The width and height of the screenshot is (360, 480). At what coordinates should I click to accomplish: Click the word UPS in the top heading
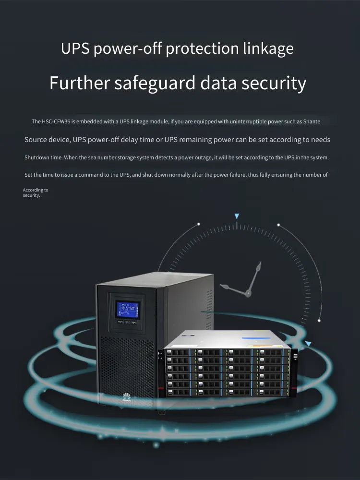click(75, 48)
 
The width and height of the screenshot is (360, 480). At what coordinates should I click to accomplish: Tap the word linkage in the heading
click(268, 49)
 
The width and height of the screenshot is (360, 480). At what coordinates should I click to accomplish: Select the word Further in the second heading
click(80, 83)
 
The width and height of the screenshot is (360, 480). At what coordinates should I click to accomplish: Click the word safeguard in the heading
click(155, 84)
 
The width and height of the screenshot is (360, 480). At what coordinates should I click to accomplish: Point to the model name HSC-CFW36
click(56, 121)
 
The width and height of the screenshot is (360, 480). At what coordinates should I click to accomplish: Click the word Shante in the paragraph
click(312, 121)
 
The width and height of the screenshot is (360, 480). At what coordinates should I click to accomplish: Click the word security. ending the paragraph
click(31, 195)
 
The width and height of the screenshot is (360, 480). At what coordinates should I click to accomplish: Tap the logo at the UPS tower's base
click(125, 397)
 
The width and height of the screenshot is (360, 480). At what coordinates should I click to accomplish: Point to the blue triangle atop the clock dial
click(237, 216)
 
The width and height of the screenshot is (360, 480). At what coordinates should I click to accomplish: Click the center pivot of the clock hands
click(248, 294)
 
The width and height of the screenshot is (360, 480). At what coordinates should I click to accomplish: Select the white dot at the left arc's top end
click(199, 224)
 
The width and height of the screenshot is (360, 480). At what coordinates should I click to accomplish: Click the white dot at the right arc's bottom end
click(319, 321)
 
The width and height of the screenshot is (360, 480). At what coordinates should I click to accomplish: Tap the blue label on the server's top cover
click(256, 338)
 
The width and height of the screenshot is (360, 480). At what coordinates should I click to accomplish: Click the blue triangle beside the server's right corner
click(308, 344)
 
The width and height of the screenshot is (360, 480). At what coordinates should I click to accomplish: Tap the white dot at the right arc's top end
click(278, 225)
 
